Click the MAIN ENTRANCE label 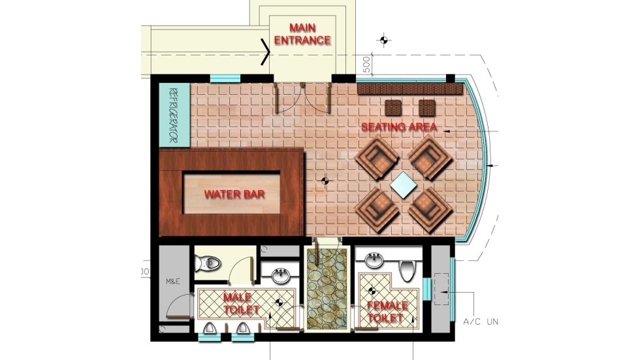coord(302,33)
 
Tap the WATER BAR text coord(231,194)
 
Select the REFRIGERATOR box coord(174,116)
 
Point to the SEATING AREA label coord(399,127)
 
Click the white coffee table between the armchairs coord(403,185)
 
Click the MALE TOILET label coord(241,303)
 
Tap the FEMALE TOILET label coord(387,312)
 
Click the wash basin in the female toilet coord(374,261)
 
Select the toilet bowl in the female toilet coord(408,269)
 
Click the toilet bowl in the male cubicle coord(208,263)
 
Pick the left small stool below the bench coord(393,107)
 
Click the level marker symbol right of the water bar coord(325,180)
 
